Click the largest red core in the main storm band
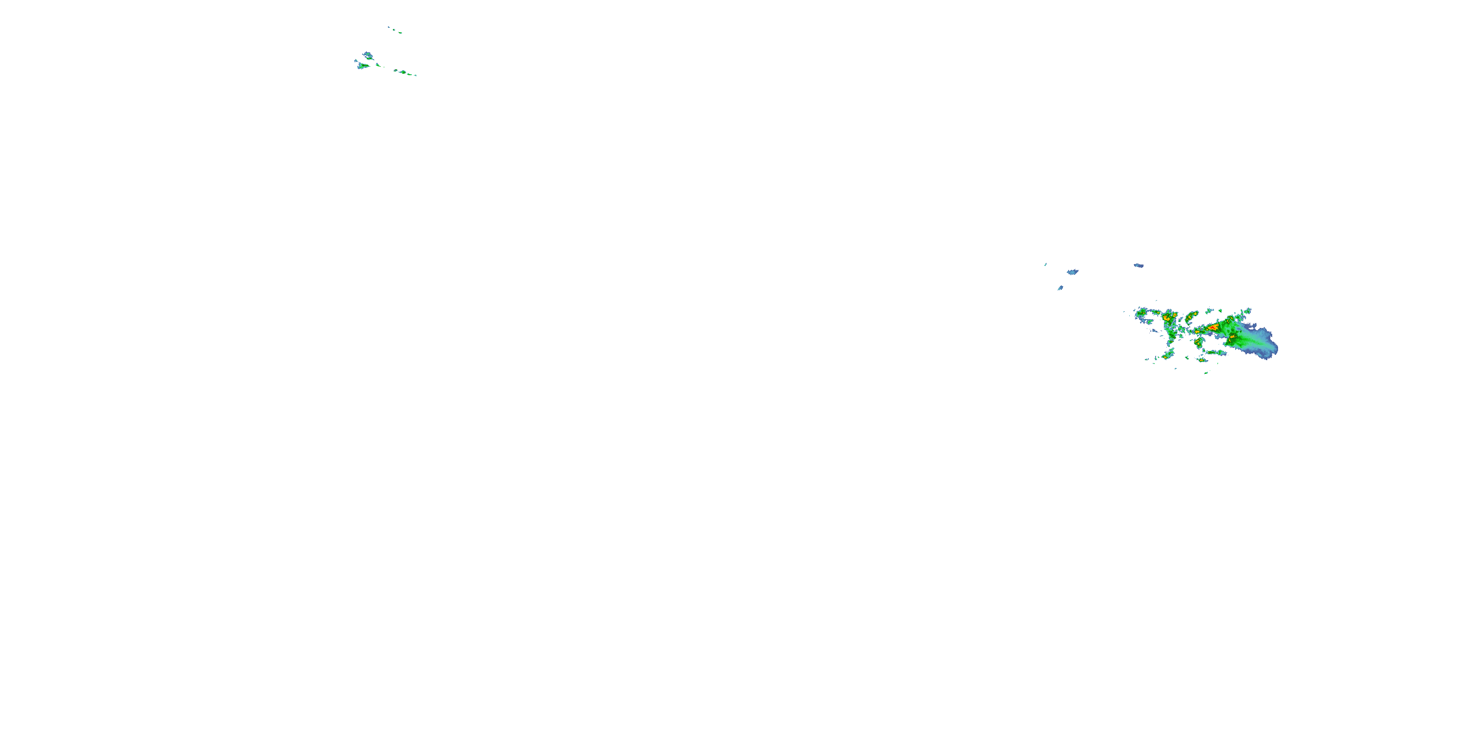pyautogui.click(x=1212, y=327)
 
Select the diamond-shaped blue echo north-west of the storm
pyautogui.click(x=1073, y=272)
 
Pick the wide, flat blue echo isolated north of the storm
pyautogui.click(x=1139, y=265)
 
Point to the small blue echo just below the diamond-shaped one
pyautogui.click(x=1060, y=288)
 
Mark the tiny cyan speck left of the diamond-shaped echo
pyautogui.click(x=1046, y=264)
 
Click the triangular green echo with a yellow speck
pyautogui.click(x=362, y=66)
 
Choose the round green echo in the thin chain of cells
pyautogui.click(x=403, y=72)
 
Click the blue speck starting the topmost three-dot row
pyautogui.click(x=389, y=27)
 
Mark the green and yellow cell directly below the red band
pyautogui.click(x=1199, y=343)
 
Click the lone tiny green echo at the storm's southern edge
pyautogui.click(x=1206, y=373)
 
